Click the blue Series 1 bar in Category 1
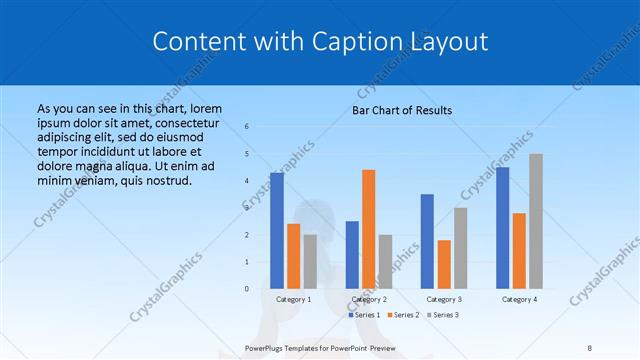(x=276, y=231)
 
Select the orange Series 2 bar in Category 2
(x=368, y=229)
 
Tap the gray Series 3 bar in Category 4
(x=536, y=221)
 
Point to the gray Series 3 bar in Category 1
(x=310, y=262)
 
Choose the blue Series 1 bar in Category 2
(x=352, y=255)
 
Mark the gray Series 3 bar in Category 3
(x=460, y=248)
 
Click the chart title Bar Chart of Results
(x=402, y=110)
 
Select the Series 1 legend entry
(x=365, y=315)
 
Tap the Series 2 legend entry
(x=403, y=315)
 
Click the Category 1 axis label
(x=293, y=299)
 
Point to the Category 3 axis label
(x=443, y=299)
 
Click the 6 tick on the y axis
(x=247, y=127)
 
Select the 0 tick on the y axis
(x=247, y=289)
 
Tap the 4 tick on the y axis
(x=247, y=181)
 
